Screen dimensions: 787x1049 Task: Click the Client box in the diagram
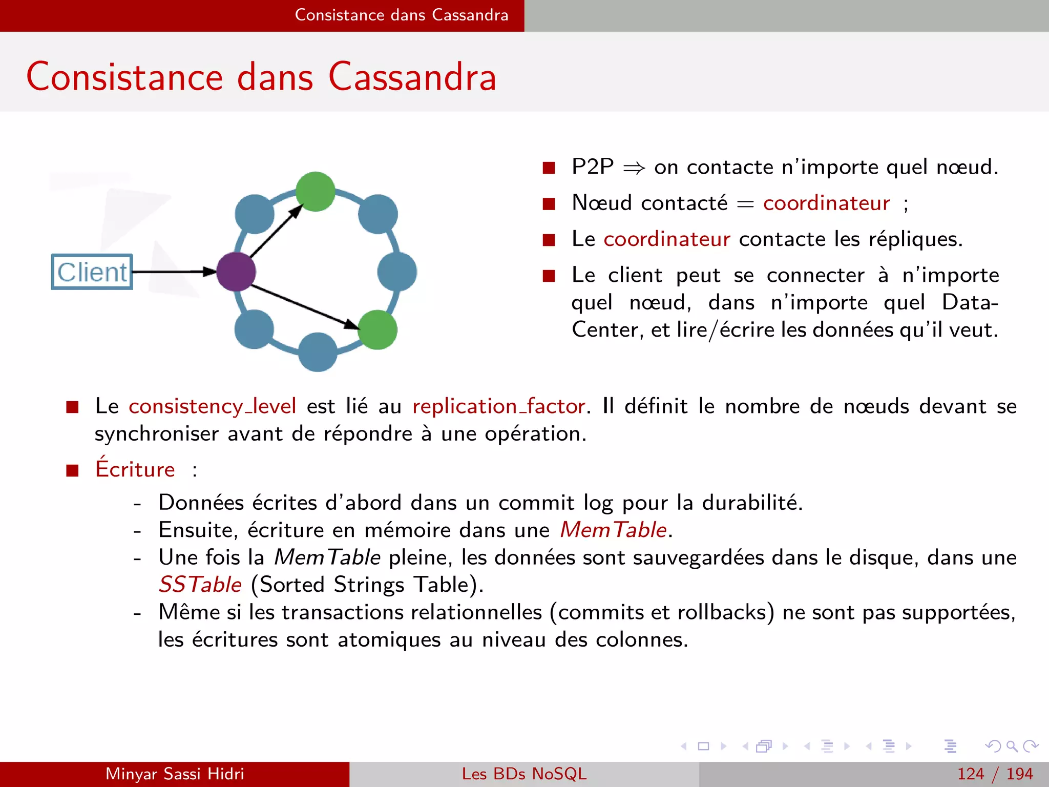92,272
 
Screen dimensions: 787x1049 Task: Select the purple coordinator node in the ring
236,272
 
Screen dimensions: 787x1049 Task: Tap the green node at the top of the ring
316,192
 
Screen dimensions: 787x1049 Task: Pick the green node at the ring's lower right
377,329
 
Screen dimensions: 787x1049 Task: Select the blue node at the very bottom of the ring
318,352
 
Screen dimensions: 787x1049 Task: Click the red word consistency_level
212,406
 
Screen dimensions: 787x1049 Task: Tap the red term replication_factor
499,406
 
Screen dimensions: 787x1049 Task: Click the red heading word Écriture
135,469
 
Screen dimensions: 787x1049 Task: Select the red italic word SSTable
200,585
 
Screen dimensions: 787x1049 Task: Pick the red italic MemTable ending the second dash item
613,530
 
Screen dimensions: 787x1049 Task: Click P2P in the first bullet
593,167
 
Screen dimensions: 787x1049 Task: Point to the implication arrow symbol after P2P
634,168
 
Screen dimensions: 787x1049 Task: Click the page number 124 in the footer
971,774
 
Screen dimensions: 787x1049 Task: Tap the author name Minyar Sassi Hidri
175,774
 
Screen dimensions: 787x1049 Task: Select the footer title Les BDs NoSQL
524,774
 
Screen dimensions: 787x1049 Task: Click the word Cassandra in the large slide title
412,77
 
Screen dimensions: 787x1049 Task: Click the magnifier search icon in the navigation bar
1012,747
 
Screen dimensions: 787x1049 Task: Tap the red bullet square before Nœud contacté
549,204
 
